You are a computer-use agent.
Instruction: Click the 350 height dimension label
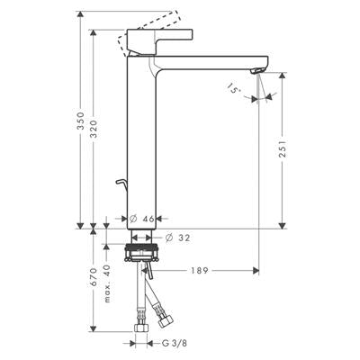(80, 121)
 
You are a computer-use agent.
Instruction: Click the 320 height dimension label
(94, 129)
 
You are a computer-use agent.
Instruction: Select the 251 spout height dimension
(283, 148)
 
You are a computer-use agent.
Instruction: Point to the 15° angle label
(233, 88)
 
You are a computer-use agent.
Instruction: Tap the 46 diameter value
(148, 219)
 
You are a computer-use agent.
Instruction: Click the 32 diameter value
(184, 238)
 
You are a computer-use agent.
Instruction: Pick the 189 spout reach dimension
(200, 271)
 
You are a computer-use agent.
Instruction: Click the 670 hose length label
(94, 276)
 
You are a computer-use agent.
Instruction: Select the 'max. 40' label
(108, 283)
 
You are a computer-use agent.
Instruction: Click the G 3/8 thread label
(175, 343)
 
